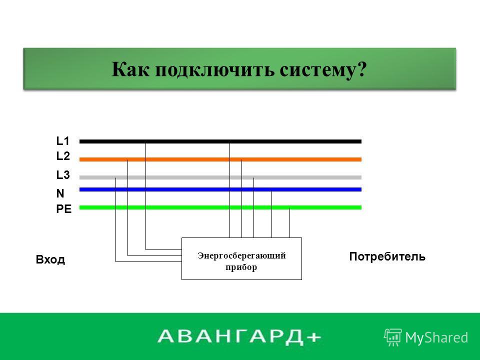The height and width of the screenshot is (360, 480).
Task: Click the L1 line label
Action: coord(63,141)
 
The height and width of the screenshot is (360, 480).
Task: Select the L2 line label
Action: coord(63,156)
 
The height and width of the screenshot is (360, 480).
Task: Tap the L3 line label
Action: coord(63,175)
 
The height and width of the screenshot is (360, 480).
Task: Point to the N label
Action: coord(60,193)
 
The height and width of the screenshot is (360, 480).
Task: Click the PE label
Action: coord(63,209)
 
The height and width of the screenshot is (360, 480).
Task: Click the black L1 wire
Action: coord(220,141)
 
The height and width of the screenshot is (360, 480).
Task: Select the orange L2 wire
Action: coord(220,159)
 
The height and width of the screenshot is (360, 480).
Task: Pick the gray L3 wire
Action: coord(220,177)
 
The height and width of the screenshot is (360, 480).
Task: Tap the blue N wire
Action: coord(220,189)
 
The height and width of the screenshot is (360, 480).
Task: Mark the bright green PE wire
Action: coord(220,207)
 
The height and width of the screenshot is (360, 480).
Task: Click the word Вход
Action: coord(50,259)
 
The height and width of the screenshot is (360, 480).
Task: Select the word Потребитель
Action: coord(387,256)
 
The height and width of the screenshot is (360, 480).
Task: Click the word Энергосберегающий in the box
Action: coord(241,255)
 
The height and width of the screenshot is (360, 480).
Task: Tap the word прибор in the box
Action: coord(241,267)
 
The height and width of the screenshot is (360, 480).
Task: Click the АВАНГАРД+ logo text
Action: coord(239,336)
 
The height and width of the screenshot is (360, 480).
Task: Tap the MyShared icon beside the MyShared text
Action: coord(393,337)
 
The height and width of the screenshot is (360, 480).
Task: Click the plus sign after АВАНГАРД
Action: coord(313,337)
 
